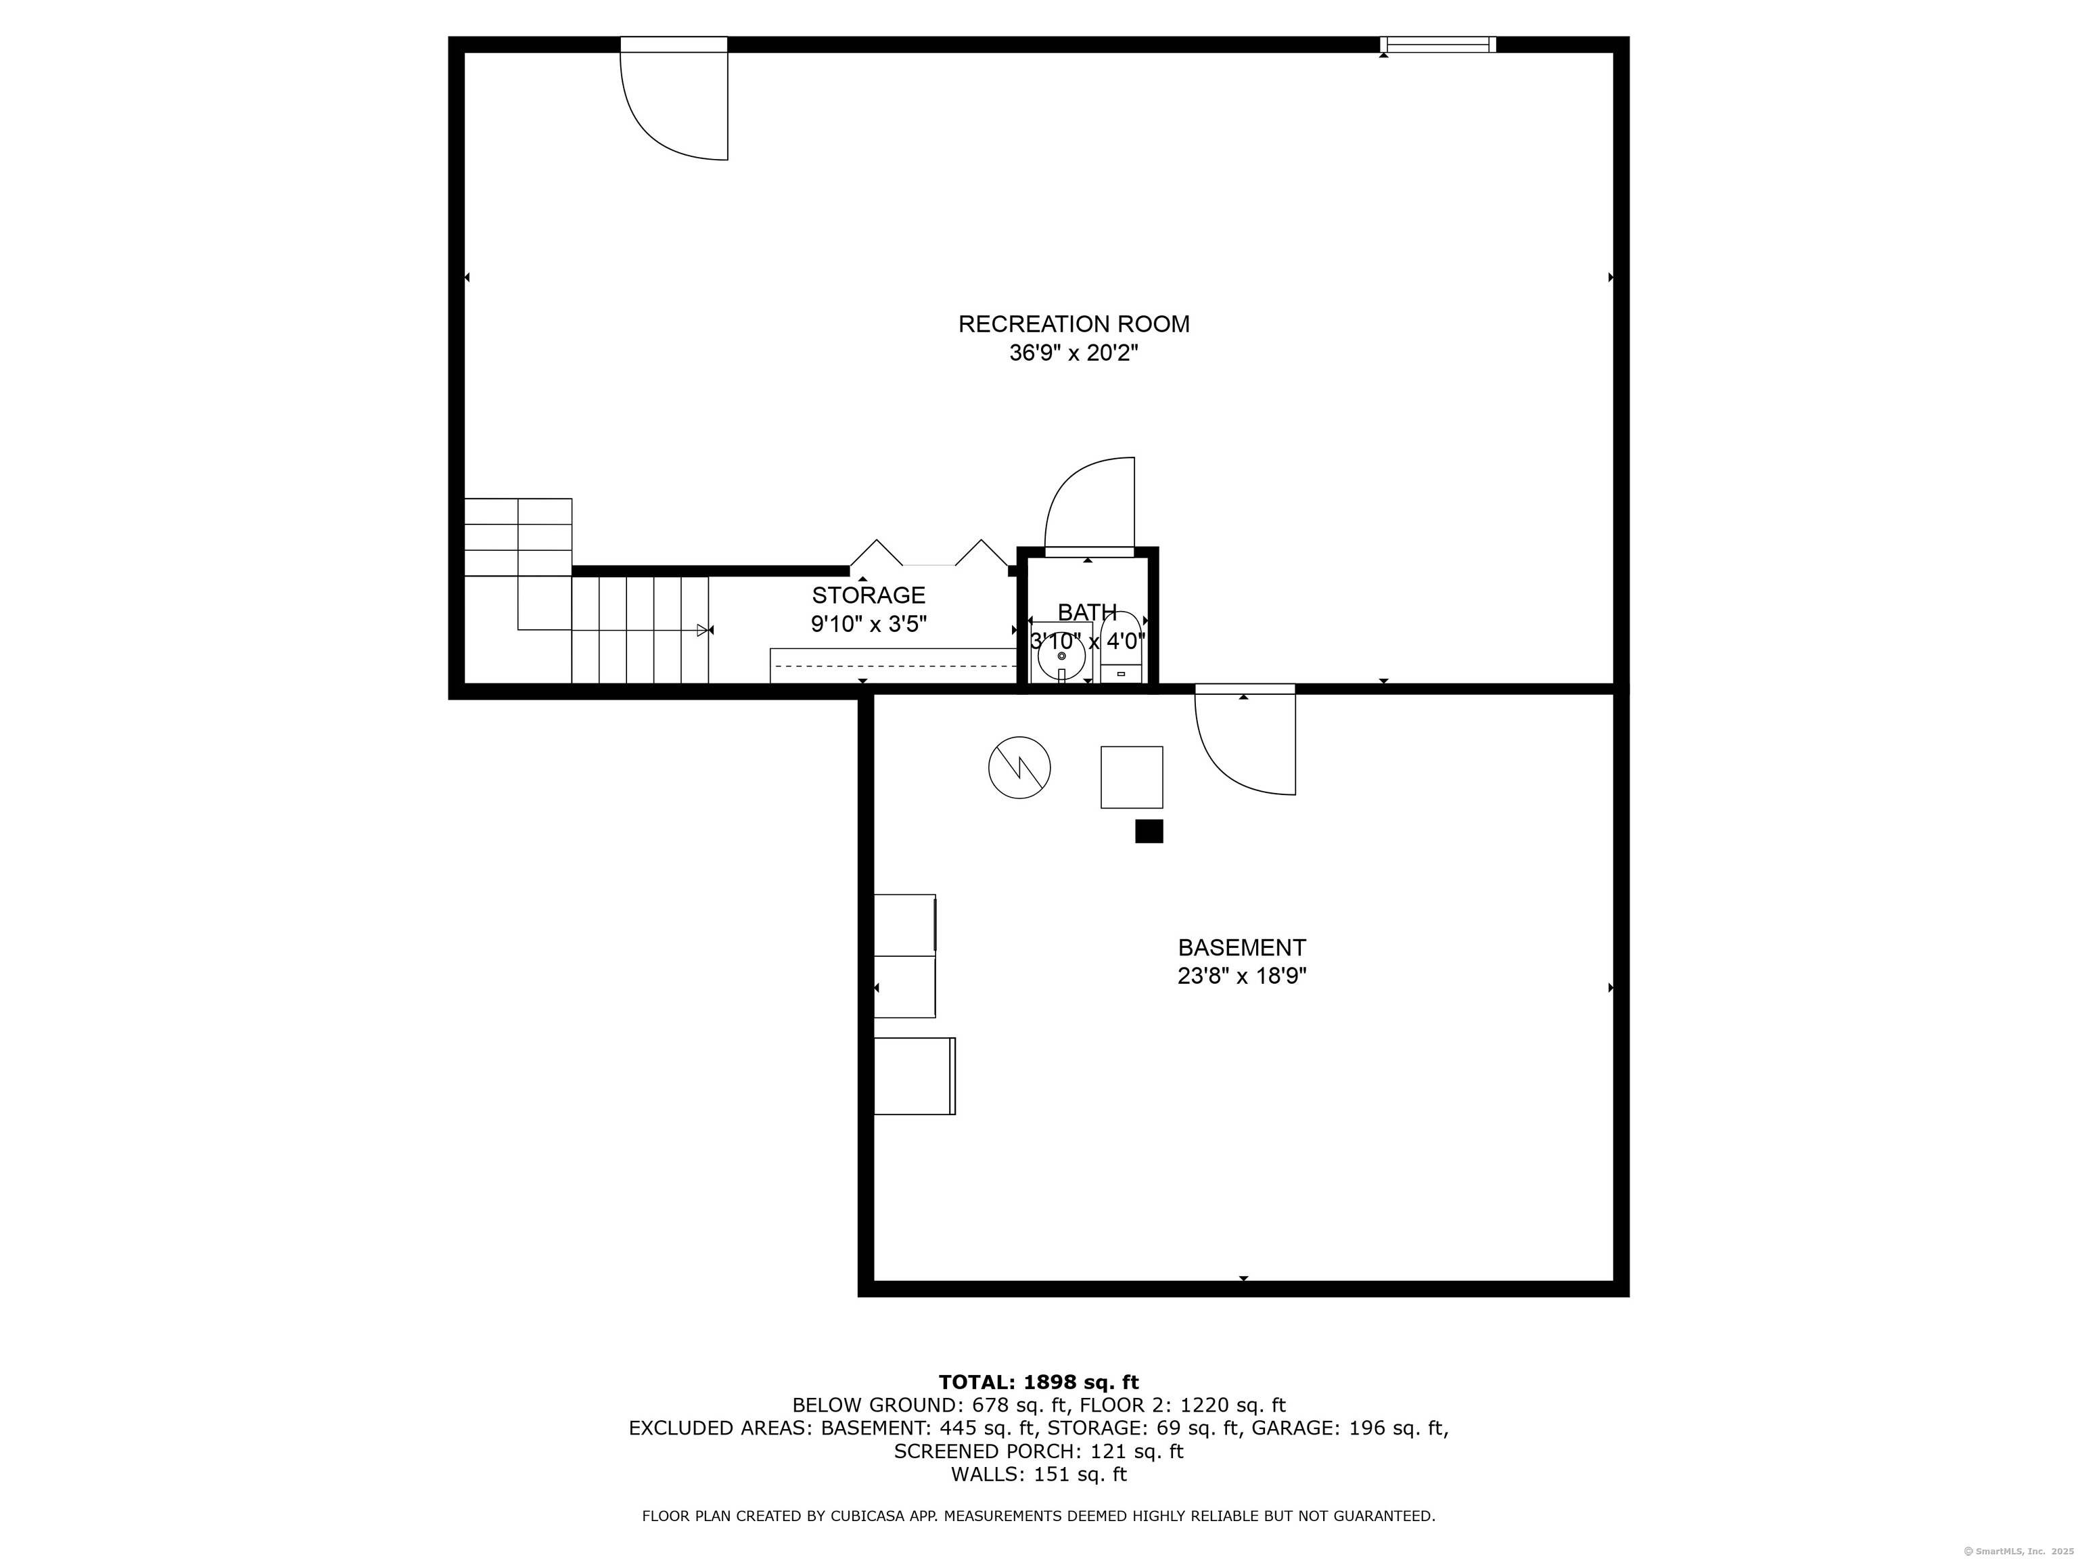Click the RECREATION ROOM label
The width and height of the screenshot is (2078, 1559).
point(1073,324)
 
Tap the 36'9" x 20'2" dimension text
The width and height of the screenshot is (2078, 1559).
point(1073,353)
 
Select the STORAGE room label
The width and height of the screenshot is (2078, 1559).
point(869,595)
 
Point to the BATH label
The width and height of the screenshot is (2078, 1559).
point(1087,612)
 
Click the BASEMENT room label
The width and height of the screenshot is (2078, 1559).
point(1242,947)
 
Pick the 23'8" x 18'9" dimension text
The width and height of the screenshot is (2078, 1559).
point(1242,976)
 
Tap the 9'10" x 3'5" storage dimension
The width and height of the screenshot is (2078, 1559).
point(869,624)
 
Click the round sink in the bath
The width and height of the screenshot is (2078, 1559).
point(1061,656)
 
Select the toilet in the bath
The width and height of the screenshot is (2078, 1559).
point(1121,648)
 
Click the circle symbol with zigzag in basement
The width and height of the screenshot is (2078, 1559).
point(1019,768)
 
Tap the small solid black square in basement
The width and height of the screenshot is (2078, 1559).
point(1149,831)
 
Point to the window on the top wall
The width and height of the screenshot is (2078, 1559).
point(1437,44)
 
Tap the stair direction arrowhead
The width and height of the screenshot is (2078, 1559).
point(703,631)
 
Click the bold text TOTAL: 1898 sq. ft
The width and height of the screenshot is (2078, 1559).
point(1038,1382)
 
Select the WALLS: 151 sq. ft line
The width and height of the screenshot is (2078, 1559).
point(1038,1474)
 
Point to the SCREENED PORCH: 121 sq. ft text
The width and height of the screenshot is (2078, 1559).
point(1038,1451)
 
